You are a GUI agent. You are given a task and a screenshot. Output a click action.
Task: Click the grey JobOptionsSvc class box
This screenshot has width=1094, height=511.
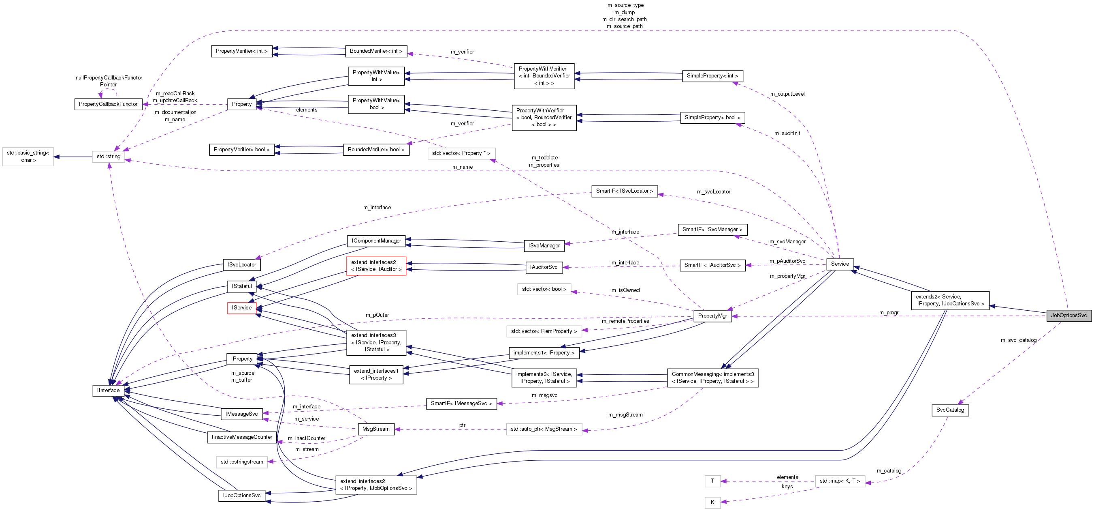(1068, 316)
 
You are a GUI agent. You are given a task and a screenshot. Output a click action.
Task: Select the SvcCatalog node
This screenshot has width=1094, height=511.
(950, 410)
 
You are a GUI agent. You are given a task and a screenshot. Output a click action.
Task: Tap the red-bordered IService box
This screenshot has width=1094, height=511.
(241, 308)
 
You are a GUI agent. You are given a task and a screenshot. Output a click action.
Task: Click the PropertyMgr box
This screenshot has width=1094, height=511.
(712, 316)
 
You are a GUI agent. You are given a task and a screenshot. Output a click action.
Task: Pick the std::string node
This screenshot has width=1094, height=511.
(108, 157)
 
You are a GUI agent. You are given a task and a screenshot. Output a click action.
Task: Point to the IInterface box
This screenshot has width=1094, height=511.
(108, 390)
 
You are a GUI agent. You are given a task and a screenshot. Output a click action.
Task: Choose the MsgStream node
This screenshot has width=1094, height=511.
(376, 429)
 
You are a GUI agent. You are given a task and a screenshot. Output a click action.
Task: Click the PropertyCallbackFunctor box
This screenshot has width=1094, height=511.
(108, 104)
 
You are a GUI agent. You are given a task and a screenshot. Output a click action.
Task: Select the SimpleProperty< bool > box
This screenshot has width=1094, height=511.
(712, 118)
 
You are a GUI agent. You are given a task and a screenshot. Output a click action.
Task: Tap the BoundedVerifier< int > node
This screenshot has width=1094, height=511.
(376, 51)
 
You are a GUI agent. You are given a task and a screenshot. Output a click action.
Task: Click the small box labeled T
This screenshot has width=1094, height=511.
(712, 481)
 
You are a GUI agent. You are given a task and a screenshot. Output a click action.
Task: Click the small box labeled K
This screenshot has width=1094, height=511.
(712, 502)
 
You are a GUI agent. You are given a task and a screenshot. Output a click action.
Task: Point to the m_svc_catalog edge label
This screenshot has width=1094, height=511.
(1018, 340)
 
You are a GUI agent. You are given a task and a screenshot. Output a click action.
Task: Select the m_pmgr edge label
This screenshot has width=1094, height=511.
(889, 312)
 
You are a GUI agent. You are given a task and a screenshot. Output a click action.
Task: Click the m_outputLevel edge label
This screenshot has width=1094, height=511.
(787, 94)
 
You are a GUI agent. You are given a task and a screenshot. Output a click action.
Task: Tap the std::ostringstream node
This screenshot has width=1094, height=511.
(242, 462)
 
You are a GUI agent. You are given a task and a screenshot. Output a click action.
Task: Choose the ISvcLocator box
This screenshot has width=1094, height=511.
(242, 265)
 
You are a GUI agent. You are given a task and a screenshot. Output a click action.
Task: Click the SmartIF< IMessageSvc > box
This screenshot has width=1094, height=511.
(461, 404)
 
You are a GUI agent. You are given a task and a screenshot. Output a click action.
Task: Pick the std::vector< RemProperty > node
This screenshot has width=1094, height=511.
(544, 331)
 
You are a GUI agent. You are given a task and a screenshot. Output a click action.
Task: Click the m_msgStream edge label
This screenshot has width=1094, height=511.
(625, 415)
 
